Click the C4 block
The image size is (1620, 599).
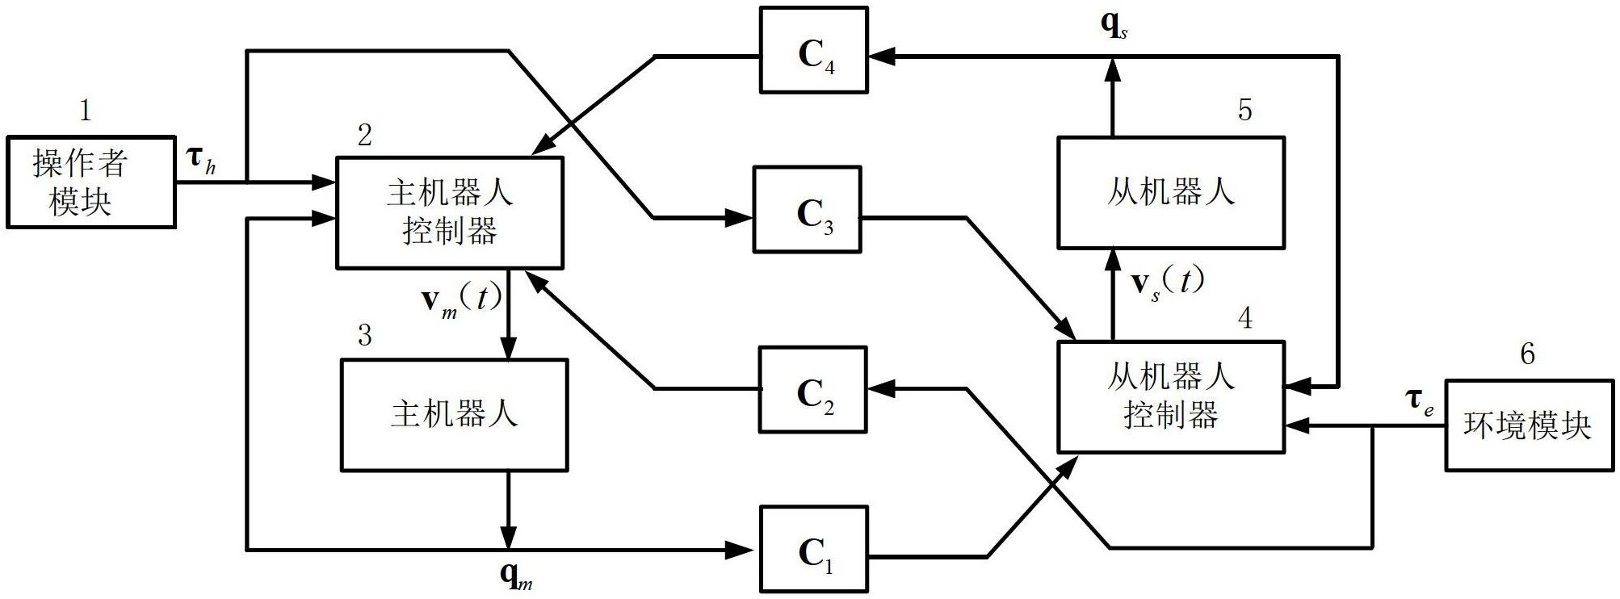[813, 50]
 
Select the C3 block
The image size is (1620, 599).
[807, 210]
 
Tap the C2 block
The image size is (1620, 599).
[812, 390]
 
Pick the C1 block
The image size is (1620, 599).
[813, 549]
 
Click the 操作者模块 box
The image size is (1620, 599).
[91, 182]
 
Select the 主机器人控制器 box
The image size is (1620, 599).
[450, 212]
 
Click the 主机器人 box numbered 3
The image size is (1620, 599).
[454, 415]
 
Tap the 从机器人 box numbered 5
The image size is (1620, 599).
[1170, 193]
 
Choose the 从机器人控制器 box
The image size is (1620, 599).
[1170, 396]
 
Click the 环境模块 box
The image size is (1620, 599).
[1526, 425]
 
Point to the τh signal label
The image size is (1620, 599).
[201, 159]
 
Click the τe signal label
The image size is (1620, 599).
[1419, 401]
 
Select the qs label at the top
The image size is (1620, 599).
[1114, 25]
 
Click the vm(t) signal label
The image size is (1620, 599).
[461, 300]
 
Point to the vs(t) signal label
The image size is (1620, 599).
[1167, 283]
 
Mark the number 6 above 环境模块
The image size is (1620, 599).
[1527, 354]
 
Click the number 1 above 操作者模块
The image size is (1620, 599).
[86, 111]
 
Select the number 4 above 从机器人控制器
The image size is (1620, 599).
[1245, 318]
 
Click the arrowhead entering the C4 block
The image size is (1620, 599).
[879, 56]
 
